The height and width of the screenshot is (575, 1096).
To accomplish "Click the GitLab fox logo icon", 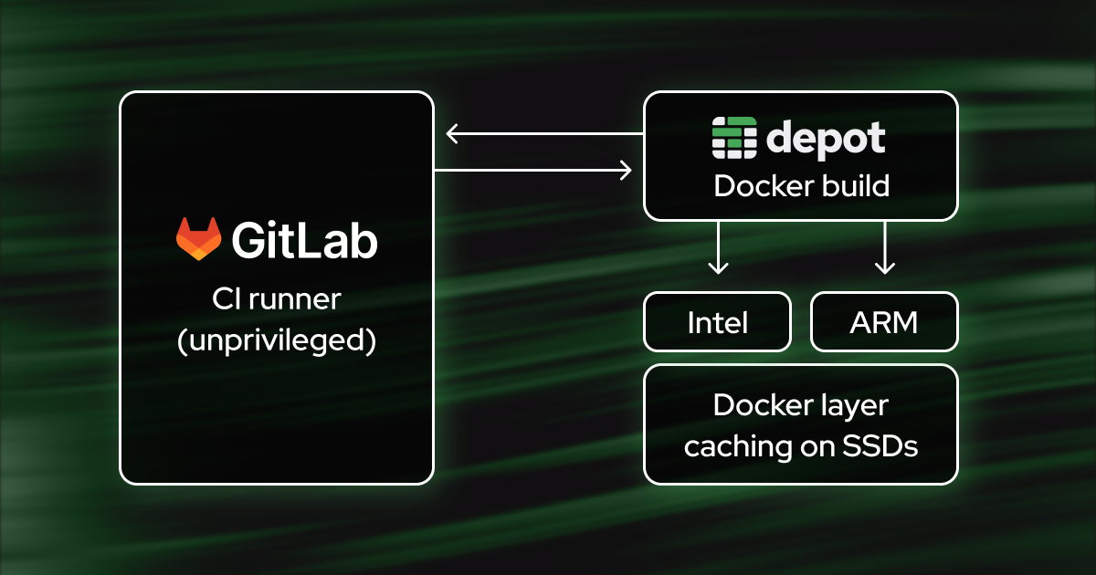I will tap(198, 239).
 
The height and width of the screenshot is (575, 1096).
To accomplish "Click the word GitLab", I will tap(304, 240).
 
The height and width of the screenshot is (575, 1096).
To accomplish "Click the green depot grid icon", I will tap(734, 139).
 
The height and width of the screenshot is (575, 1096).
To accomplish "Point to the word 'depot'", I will tap(826, 139).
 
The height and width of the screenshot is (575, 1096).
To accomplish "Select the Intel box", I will tap(717, 322).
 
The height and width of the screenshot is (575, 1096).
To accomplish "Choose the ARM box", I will tap(884, 322).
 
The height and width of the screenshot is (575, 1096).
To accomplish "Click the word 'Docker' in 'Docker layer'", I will tap(756, 405).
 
